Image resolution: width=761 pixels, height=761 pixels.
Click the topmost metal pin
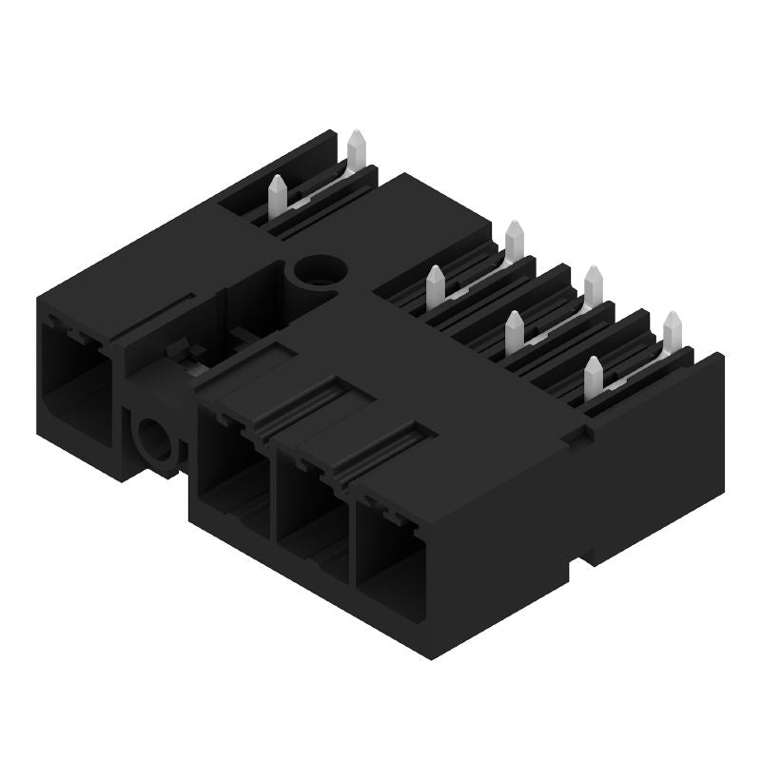pyautogui.click(x=357, y=148)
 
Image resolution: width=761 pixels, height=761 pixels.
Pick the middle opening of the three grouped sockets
pyautogui.click(x=310, y=504)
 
